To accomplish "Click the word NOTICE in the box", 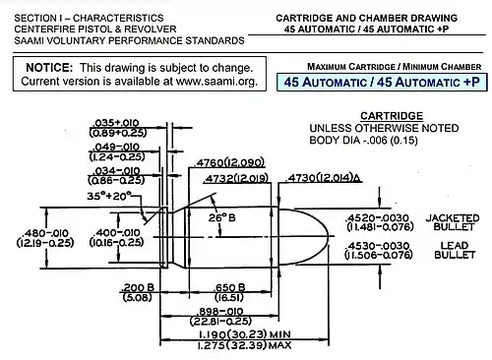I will (x=48, y=66).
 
